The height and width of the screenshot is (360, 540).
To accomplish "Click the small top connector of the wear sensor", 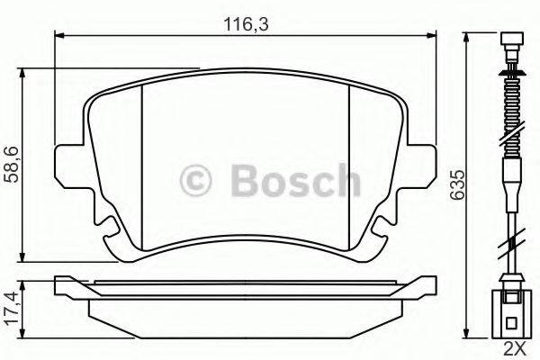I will point(511,43).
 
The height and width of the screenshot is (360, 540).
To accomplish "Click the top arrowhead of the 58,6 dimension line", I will point(22,72).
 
